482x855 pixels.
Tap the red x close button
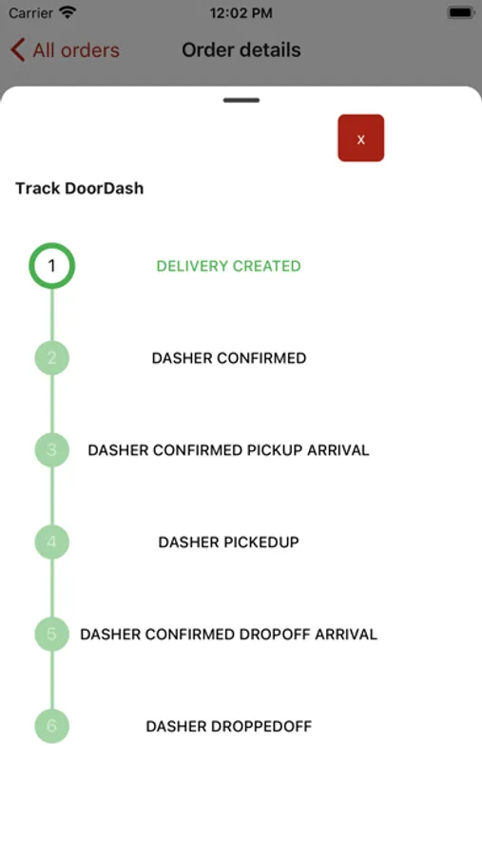[x=361, y=138]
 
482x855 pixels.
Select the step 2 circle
[x=52, y=358]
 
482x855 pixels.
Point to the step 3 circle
[x=52, y=450]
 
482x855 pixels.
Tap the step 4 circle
[x=52, y=542]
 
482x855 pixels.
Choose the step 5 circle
[x=52, y=635]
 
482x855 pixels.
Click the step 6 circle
[x=52, y=727]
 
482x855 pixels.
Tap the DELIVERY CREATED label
[x=229, y=266]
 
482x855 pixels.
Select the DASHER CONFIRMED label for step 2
[x=229, y=358]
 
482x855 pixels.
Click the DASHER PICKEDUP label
[x=229, y=542]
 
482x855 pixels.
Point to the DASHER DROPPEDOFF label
[x=229, y=727]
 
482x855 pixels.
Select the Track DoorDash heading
[x=80, y=188]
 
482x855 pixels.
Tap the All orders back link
[x=65, y=50]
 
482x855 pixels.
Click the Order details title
[x=241, y=50]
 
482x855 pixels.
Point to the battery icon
[x=461, y=12]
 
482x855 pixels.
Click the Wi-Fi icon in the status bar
[x=67, y=12]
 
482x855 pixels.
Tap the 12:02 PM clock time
[x=241, y=13]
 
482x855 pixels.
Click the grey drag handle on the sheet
[x=241, y=101]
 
